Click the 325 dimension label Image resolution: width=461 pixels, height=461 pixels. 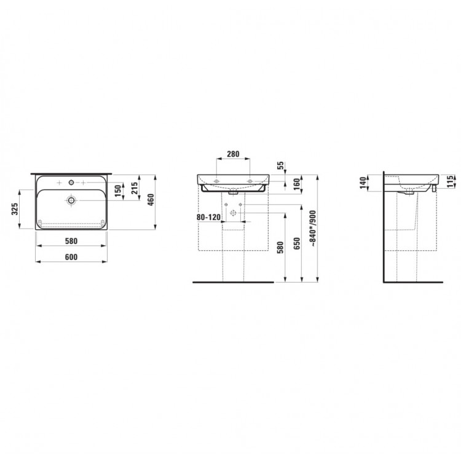(15, 209)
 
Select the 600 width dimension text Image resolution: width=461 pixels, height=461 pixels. (71, 257)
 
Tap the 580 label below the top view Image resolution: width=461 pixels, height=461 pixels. (71, 241)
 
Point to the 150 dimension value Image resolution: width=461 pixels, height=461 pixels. (117, 191)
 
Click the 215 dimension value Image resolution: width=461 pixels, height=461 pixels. (134, 189)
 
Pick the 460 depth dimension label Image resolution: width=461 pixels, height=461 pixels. (151, 200)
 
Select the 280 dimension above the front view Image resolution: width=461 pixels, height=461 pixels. (233, 154)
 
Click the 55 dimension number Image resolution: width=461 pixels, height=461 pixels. (281, 165)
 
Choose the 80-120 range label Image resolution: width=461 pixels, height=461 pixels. (208, 217)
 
